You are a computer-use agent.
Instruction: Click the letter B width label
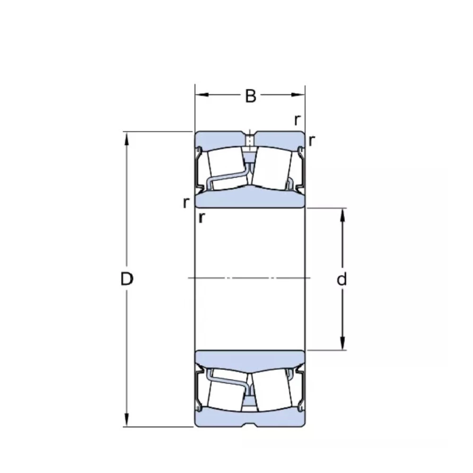point(250,96)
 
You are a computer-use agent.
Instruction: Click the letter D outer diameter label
point(127,279)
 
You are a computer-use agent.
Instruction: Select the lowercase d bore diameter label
point(342,279)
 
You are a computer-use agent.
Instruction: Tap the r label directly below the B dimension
point(297,120)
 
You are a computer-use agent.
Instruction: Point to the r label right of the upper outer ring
point(312,140)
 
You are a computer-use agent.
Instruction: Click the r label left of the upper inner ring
point(186,203)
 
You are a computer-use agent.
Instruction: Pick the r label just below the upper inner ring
point(201,217)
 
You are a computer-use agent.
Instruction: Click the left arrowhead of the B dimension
point(202,95)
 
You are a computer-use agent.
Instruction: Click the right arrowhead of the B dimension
point(298,95)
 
